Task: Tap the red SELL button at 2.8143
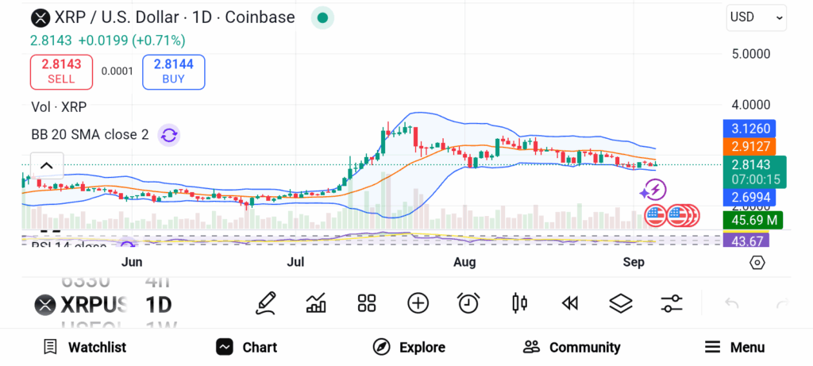point(61,71)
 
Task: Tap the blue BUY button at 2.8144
point(173,71)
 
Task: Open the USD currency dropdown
point(756,17)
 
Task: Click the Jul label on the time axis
point(295,262)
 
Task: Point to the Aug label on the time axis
point(464,262)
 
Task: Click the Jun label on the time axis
point(132,262)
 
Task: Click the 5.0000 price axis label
point(749,54)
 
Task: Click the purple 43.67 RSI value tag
point(747,241)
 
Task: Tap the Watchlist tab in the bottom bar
point(85,347)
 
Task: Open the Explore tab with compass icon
point(409,347)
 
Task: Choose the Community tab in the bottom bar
point(572,347)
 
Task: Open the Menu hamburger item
point(734,347)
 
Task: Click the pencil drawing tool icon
point(266,302)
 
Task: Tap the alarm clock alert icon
point(468,302)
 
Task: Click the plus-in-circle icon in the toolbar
point(418,302)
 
